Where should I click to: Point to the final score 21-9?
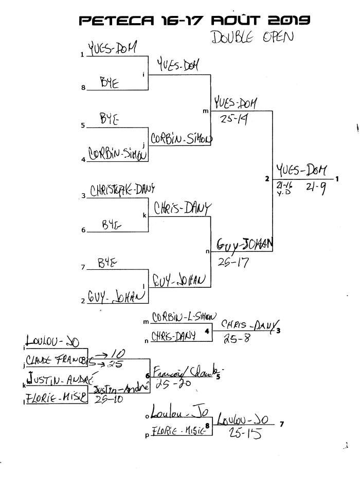(315, 189)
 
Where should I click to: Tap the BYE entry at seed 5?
(110, 118)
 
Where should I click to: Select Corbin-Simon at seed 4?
(118, 153)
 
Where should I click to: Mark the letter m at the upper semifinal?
(206, 110)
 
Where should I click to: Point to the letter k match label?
(144, 215)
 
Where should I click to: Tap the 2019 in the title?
(288, 20)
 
